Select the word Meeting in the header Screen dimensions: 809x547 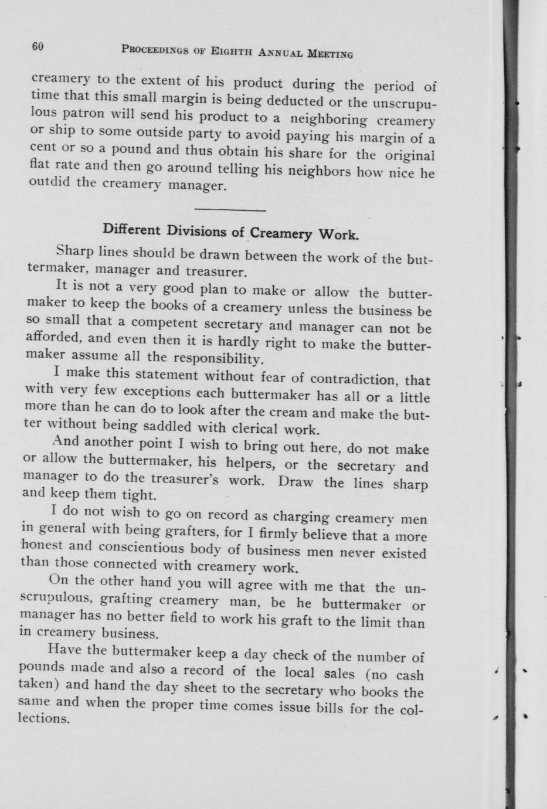[330, 54]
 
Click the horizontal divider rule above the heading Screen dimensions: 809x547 [230, 209]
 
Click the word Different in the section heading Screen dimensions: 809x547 [132, 229]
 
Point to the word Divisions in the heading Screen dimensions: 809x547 [197, 230]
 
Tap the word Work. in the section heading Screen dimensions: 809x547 [338, 236]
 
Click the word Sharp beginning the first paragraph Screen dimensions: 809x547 [74, 251]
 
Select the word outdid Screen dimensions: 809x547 [49, 181]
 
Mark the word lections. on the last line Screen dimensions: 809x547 [44, 718]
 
